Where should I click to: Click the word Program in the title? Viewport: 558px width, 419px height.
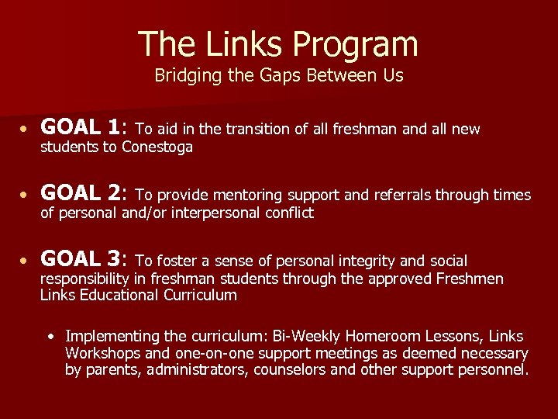[x=353, y=45]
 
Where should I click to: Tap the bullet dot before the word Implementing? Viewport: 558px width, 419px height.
[x=50, y=337]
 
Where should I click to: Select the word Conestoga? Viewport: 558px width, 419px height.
[x=157, y=147]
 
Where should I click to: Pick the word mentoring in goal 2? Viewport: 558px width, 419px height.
[x=249, y=196]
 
